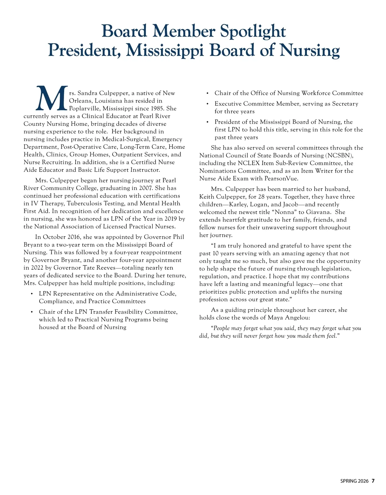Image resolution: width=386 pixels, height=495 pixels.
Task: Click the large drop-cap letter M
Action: pyautogui.click(x=52, y=98)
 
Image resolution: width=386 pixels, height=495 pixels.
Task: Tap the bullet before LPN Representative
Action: pyautogui.click(x=32, y=294)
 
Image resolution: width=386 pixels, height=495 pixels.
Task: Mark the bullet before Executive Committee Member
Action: pyautogui.click(x=207, y=104)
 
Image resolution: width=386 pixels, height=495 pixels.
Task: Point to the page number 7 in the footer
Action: pyautogui.click(x=373, y=481)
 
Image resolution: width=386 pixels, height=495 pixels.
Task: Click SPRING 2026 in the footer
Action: pyautogui.click(x=354, y=481)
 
